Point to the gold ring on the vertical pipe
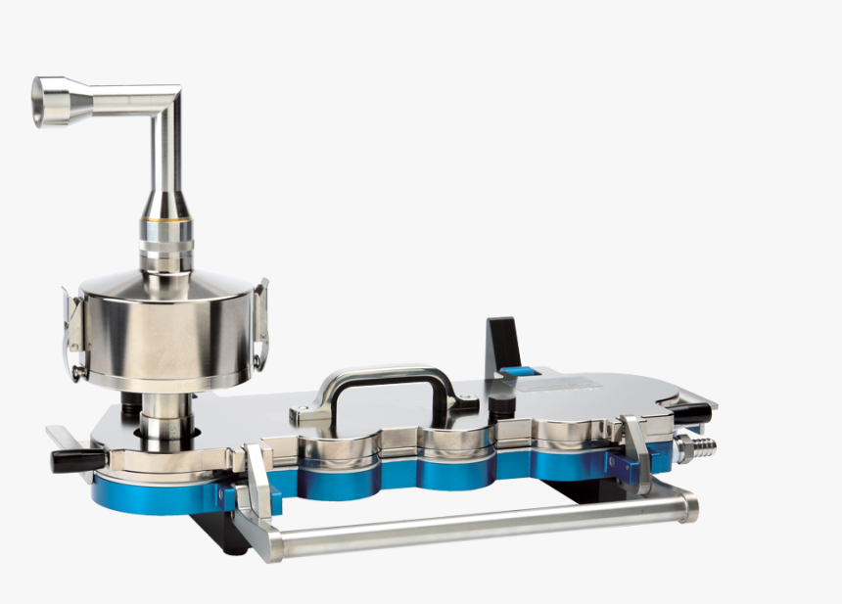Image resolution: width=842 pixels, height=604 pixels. click(x=165, y=235)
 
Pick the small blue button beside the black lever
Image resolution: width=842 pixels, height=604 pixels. click(x=519, y=372)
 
